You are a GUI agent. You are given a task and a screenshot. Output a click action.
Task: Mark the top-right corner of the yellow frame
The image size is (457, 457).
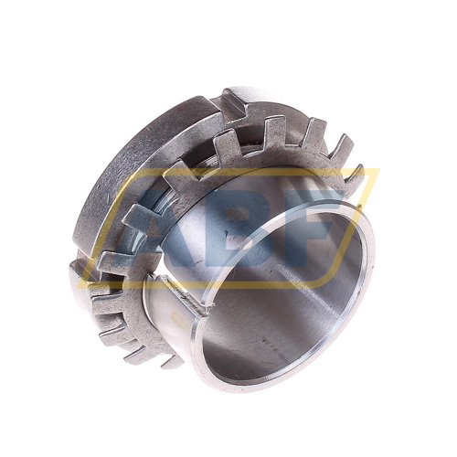(379, 169)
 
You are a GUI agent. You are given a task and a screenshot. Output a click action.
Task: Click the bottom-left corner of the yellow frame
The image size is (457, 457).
(79, 287)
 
